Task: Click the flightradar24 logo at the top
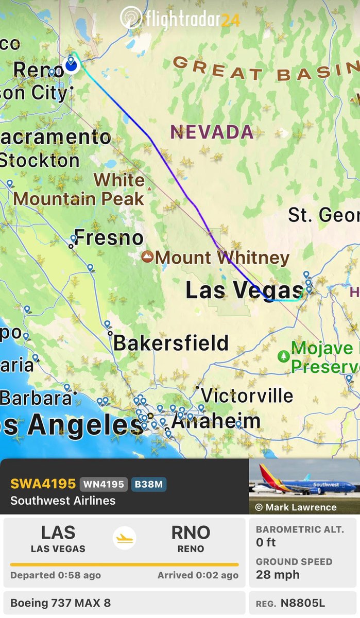point(180,19)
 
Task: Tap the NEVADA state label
point(212,132)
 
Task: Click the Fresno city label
point(109,238)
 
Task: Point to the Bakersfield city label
point(171,343)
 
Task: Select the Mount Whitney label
point(222,257)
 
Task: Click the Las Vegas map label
point(244,290)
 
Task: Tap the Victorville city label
point(247,396)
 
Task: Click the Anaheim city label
point(216,421)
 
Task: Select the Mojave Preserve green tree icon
point(283,356)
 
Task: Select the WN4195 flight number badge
point(103,484)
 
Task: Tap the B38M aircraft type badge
point(149,484)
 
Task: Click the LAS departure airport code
point(58,533)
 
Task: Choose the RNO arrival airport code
point(191,533)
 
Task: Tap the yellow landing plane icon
point(124,538)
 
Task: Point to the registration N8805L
point(302,603)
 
